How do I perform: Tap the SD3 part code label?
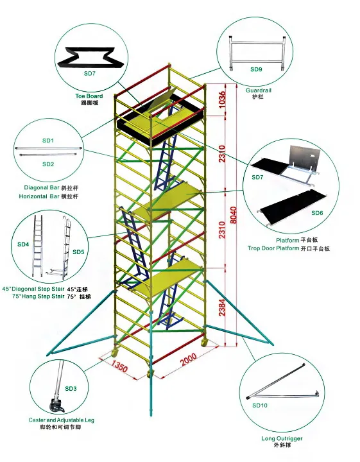[71, 389]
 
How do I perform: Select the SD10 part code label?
[260, 406]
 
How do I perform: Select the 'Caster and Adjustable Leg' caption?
[62, 420]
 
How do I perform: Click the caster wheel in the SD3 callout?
[57, 405]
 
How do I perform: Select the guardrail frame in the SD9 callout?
[257, 51]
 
